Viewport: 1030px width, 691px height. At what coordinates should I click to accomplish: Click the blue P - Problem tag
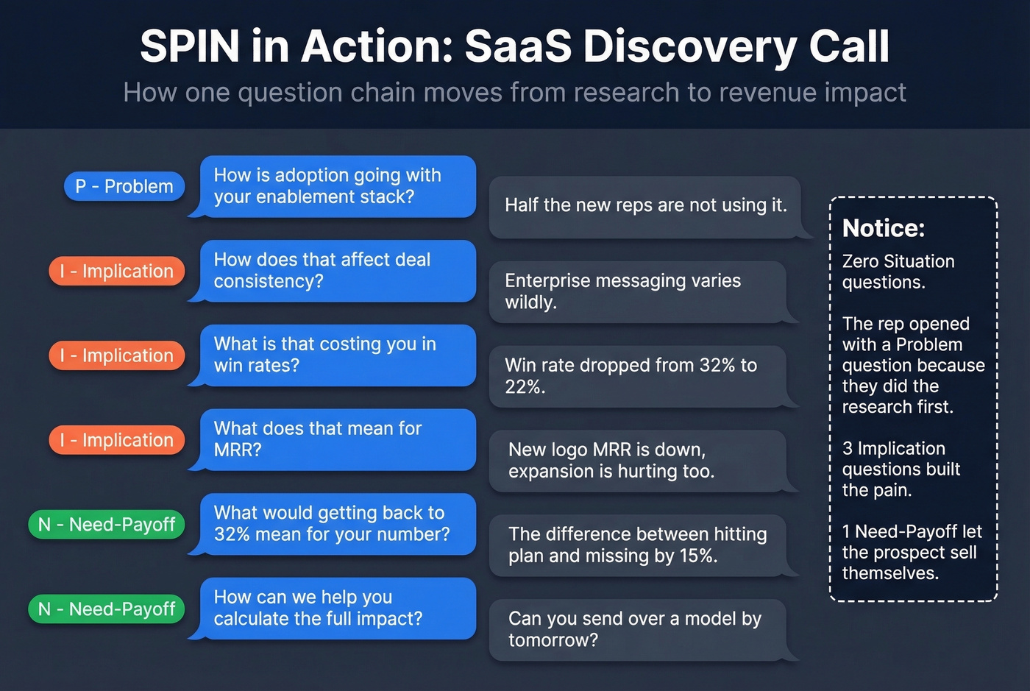[124, 186]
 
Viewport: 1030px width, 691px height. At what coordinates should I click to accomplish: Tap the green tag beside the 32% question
[107, 525]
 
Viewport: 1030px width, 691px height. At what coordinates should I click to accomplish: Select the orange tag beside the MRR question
[117, 440]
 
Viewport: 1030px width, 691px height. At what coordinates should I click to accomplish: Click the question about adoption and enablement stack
[337, 186]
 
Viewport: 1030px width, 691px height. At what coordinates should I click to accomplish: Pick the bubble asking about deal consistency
[337, 271]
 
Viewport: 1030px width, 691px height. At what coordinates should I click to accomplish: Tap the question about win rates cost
[337, 355]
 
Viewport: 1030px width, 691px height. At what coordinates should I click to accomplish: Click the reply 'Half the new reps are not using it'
[645, 206]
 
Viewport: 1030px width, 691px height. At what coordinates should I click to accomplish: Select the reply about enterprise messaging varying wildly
[637, 291]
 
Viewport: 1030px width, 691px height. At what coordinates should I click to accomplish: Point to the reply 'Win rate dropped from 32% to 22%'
[637, 376]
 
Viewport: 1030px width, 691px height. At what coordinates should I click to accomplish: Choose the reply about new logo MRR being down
[637, 461]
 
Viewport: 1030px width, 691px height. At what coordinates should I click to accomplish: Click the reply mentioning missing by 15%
[637, 545]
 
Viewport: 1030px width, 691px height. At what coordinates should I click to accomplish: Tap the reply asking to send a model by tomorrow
[637, 630]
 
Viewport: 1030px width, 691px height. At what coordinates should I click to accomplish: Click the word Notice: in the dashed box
[883, 228]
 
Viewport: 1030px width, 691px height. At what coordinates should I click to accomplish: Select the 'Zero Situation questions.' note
[898, 272]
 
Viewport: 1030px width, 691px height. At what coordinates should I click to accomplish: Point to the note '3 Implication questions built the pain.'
[901, 469]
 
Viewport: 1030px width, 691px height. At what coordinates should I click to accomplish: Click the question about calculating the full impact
[337, 609]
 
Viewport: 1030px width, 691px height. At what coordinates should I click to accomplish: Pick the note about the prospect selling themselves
[912, 553]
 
